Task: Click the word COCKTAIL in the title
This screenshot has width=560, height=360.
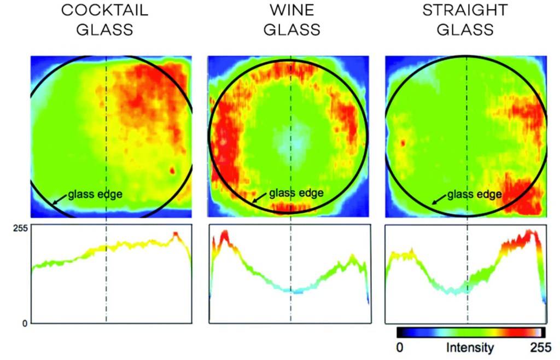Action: click(x=104, y=11)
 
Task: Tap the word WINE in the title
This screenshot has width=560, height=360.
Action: click(x=291, y=11)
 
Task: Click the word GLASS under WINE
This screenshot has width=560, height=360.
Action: click(x=291, y=29)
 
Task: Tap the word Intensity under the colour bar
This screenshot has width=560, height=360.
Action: click(x=470, y=347)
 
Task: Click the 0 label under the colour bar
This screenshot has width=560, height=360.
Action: click(x=400, y=347)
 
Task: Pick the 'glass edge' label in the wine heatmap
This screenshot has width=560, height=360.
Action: click(x=296, y=193)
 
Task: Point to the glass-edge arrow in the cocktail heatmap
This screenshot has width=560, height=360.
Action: click(x=59, y=200)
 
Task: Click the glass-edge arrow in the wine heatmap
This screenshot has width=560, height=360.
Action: click(x=259, y=198)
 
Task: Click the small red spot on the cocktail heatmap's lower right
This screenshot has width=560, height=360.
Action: click(x=173, y=171)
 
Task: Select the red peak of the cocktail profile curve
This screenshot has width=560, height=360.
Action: click(x=176, y=234)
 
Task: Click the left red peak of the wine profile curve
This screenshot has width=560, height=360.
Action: click(x=224, y=235)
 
